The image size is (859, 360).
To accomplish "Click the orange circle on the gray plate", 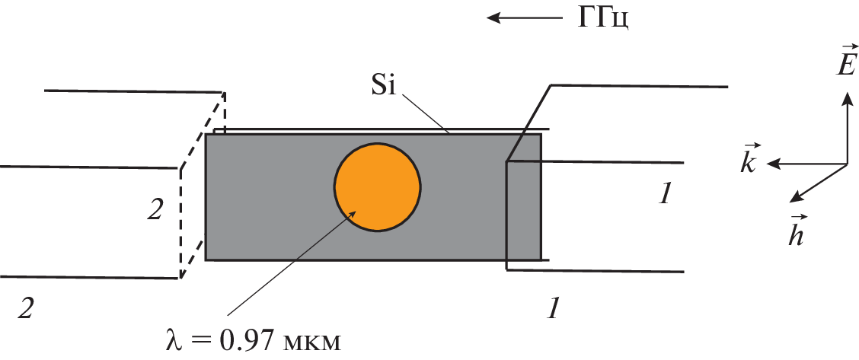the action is (378, 188).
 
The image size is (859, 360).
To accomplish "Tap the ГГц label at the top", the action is (602, 19).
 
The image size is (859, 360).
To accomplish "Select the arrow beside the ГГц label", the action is (525, 18).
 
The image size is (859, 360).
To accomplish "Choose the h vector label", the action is (795, 233).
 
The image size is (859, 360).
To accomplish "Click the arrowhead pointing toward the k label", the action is (774, 163).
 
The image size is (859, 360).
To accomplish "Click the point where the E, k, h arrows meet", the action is (847, 164).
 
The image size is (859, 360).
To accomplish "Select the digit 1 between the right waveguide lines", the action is (665, 194).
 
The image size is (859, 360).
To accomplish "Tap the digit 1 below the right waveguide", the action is (555, 309).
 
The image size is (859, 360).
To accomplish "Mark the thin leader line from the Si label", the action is (426, 114).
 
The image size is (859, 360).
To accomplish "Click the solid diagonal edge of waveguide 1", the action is (528, 123).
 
